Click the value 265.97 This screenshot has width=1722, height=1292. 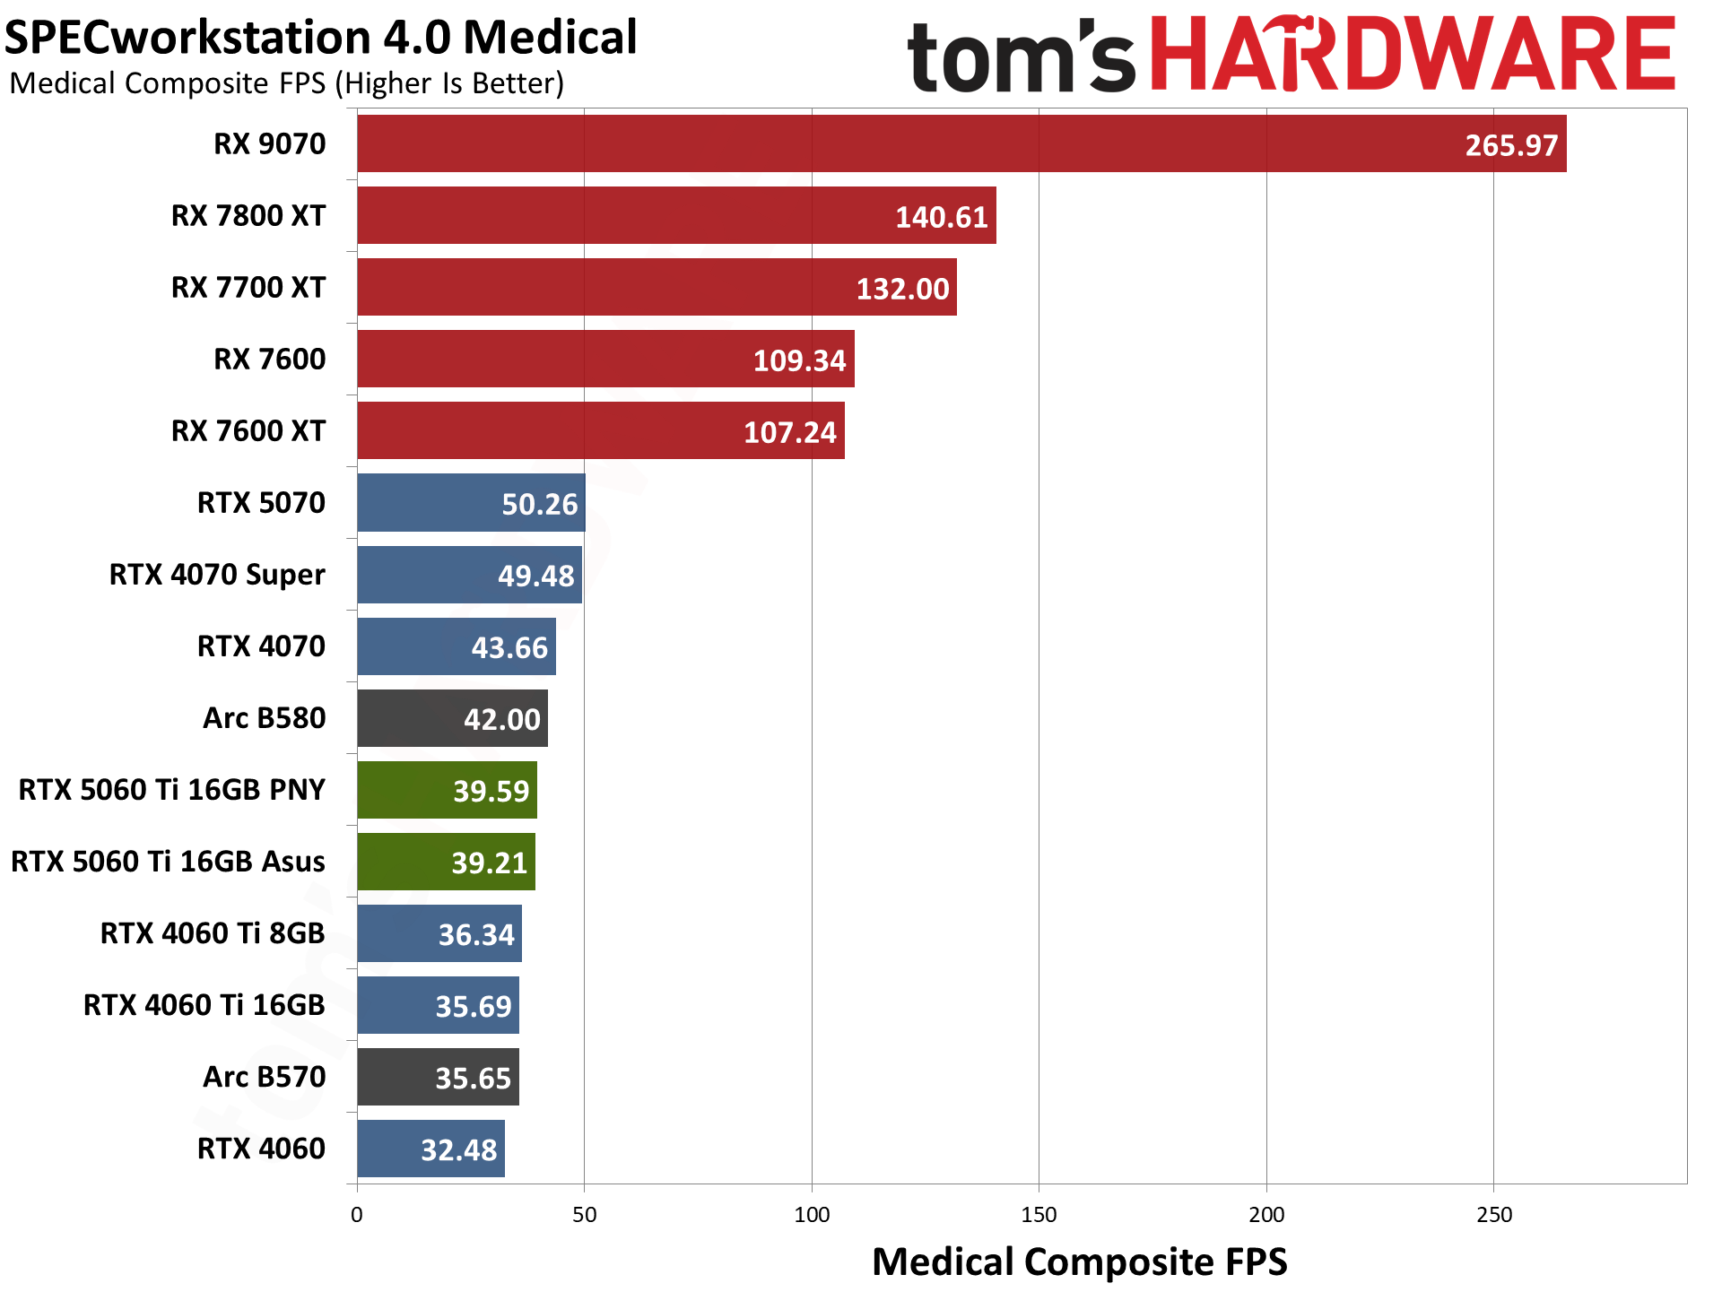click(1511, 145)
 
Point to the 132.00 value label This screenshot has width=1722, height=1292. click(902, 289)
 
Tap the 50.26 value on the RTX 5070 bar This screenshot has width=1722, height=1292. click(539, 504)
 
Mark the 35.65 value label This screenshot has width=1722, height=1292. click(473, 1078)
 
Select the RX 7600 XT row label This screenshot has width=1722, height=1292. click(248, 431)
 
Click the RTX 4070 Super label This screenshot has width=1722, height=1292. click(217, 575)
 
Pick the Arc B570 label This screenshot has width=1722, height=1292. click(265, 1077)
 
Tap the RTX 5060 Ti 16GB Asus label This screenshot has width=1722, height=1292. click(168, 862)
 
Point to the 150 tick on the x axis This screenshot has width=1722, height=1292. click(1039, 1215)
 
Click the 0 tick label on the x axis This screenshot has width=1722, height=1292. click(357, 1215)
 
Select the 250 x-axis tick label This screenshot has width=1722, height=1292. click(1493, 1215)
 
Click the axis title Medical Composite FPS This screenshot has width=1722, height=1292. click(1079, 1262)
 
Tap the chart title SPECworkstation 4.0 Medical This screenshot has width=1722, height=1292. click(320, 38)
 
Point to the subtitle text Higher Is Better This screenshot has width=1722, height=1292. click(454, 83)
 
